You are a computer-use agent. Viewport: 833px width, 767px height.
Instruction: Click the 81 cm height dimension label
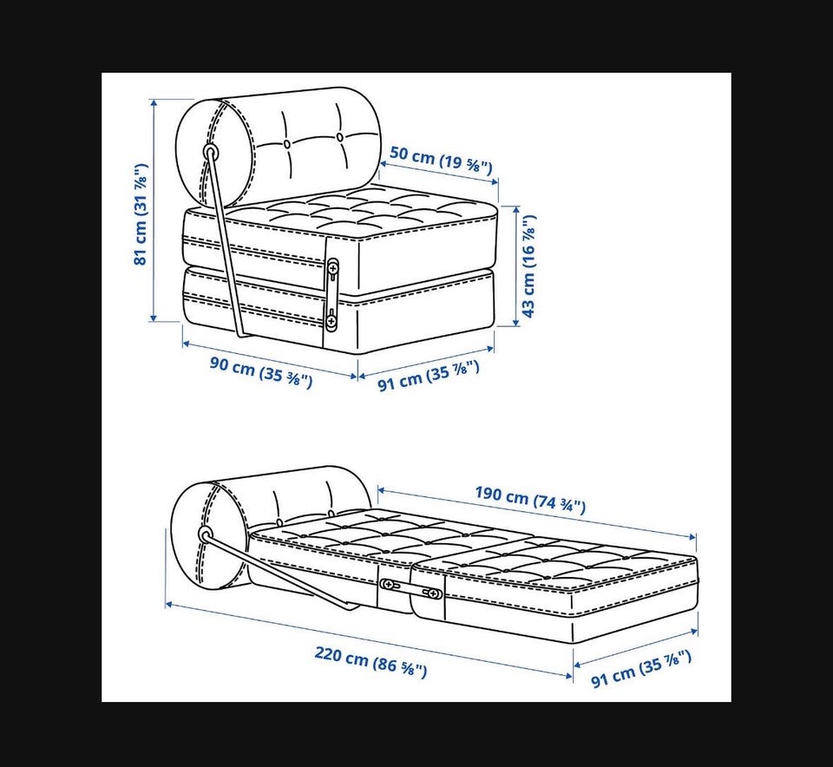(x=141, y=214)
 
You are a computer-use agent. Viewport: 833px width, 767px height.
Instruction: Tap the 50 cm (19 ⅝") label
(x=441, y=160)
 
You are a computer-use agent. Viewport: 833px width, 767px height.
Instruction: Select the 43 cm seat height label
(x=529, y=265)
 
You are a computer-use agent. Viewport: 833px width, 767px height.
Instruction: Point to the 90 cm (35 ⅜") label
(x=261, y=372)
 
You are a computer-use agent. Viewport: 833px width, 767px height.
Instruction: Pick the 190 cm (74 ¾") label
(x=530, y=499)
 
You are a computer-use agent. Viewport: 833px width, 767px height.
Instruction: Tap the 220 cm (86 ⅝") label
(x=371, y=662)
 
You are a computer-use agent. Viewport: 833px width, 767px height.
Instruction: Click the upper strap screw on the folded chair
(x=333, y=265)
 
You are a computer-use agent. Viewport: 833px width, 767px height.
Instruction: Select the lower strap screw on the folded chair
(x=331, y=320)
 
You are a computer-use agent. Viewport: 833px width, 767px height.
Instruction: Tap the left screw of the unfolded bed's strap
(x=389, y=585)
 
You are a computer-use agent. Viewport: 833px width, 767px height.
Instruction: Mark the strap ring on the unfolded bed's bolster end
(x=205, y=534)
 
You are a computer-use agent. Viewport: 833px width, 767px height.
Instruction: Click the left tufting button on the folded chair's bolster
(x=287, y=143)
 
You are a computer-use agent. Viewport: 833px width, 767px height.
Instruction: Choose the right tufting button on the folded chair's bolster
(x=340, y=137)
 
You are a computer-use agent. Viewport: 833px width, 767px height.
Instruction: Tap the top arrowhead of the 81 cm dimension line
(x=154, y=103)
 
